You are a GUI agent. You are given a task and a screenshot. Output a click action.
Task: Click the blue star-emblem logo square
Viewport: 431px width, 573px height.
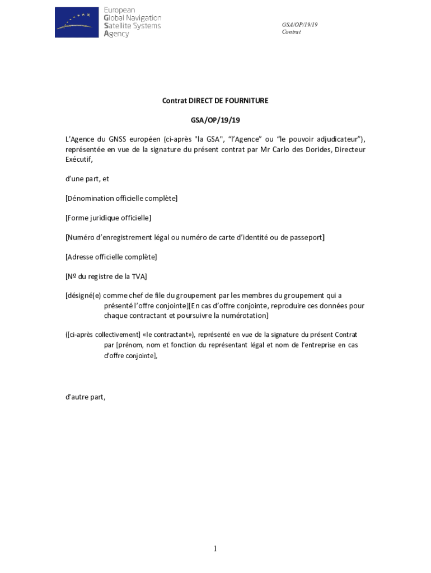coord(76,22)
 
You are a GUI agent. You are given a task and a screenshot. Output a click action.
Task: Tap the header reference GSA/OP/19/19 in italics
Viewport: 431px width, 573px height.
coord(299,25)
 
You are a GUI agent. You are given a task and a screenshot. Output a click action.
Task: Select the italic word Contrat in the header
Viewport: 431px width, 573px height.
coord(292,32)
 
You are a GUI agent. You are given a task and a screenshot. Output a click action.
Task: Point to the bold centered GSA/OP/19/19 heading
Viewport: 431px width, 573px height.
coord(215,120)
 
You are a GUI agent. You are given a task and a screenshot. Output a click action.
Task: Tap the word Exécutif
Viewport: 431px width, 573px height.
coord(78,159)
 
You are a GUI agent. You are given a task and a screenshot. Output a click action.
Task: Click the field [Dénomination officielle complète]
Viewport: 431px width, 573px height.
coord(121,199)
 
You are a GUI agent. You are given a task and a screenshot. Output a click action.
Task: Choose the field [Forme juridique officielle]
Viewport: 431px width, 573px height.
coord(108,218)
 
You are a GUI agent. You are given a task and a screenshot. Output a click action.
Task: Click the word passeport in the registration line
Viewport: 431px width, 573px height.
coord(303,237)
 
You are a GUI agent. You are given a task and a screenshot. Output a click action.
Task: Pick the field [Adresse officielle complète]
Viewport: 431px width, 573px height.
coord(111,257)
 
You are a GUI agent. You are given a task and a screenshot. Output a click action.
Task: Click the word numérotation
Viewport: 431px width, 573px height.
coord(243,316)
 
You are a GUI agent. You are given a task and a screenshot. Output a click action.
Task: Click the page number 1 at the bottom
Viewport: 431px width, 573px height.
coord(215,549)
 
